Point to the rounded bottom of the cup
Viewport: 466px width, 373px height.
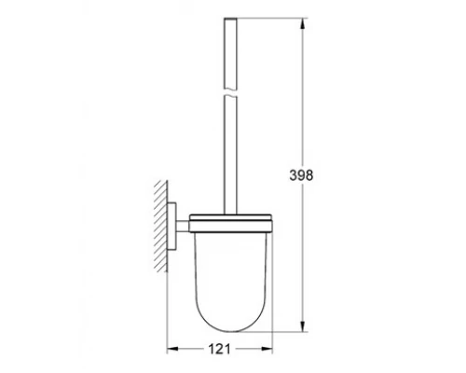[x=229, y=318]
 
